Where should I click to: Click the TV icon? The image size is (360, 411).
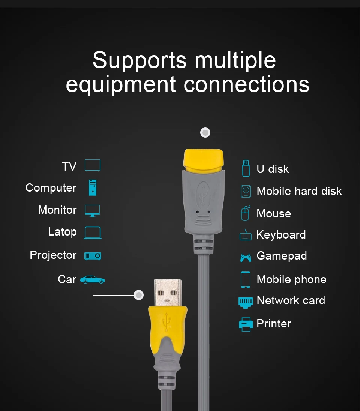pyautogui.click(x=92, y=165)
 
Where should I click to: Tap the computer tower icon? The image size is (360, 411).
pyautogui.click(x=92, y=187)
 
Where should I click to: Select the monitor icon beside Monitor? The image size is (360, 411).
pyautogui.click(x=92, y=210)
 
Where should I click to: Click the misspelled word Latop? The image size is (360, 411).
pyautogui.click(x=62, y=232)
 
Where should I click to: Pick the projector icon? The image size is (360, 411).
pyautogui.click(x=92, y=256)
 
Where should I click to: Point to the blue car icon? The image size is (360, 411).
pyautogui.click(x=92, y=279)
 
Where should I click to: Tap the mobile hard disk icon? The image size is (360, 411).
pyautogui.click(x=246, y=191)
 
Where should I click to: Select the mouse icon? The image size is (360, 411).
pyautogui.click(x=245, y=213)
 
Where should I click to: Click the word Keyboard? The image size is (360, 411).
pyautogui.click(x=281, y=235)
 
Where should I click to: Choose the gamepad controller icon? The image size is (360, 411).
pyautogui.click(x=246, y=257)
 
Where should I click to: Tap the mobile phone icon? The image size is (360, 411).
pyautogui.click(x=246, y=279)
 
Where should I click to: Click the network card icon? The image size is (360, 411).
pyautogui.click(x=246, y=301)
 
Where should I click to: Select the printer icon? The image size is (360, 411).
pyautogui.click(x=246, y=324)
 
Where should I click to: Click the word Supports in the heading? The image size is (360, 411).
pyautogui.click(x=139, y=60)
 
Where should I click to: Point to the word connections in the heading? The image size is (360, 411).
pyautogui.click(x=246, y=84)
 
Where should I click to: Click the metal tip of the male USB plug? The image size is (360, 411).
pyautogui.click(x=168, y=292)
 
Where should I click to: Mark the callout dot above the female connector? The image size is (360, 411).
pyautogui.click(x=205, y=132)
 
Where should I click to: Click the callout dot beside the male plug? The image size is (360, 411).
pyautogui.click(x=139, y=295)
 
